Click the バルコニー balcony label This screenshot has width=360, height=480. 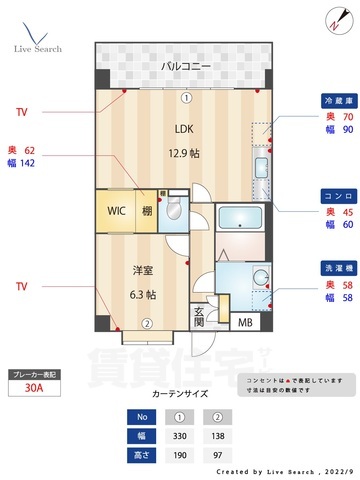coord(186,67)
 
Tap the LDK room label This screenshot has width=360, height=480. coord(186,128)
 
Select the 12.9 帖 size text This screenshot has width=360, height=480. coord(186,153)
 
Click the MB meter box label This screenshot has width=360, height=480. coord(245,350)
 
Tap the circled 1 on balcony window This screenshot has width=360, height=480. coord(186,98)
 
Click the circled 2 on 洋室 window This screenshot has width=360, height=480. coord(146,351)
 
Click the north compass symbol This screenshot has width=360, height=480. coord(333,19)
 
